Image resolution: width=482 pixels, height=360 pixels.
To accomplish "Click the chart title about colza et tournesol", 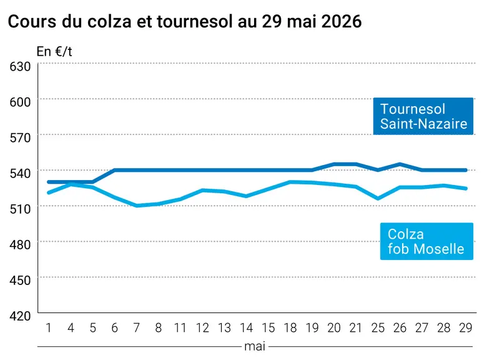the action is [184, 21].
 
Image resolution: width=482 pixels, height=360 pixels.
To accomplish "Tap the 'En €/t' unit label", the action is [54, 52].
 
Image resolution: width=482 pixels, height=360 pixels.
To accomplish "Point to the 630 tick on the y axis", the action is [20, 66].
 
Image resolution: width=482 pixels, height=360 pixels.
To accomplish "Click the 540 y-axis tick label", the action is [20, 173].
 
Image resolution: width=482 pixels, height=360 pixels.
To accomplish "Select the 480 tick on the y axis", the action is [20, 244].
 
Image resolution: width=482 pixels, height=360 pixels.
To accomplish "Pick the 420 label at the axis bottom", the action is [20, 316].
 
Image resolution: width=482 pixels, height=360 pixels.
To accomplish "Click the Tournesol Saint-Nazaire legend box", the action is [423, 116].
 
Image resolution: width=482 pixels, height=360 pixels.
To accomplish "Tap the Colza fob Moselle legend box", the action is [426, 241].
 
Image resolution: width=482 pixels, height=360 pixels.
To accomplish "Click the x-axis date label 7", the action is [137, 328].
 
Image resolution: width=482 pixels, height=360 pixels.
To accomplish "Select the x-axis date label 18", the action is [290, 328].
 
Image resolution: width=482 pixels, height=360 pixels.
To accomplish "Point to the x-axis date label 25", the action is [378, 328].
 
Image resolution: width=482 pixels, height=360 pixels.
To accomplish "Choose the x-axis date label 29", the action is [465, 328].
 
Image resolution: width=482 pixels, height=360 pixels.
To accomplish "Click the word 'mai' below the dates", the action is [255, 347].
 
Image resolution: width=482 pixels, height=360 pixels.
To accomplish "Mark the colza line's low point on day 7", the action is [137, 206].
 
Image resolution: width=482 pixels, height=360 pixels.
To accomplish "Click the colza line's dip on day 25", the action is [378, 199].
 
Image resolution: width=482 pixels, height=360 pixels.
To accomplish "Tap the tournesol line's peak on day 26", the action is [400, 164].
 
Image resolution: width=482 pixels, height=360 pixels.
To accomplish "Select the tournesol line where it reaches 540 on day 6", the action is [115, 170].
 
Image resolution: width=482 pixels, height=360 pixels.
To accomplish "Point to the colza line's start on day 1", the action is [49, 192].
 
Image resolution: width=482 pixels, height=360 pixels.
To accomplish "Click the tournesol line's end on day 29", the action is [466, 170].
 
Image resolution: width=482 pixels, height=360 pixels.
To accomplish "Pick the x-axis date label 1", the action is [49, 328].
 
